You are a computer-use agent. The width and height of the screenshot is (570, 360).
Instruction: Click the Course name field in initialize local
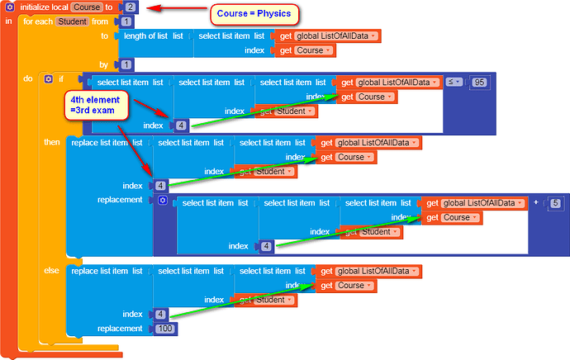click(x=87, y=7)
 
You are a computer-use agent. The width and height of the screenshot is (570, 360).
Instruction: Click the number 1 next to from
click(x=126, y=21)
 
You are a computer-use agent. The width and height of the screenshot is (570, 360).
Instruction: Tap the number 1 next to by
click(x=126, y=64)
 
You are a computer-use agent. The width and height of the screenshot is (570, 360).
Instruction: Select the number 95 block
click(x=478, y=82)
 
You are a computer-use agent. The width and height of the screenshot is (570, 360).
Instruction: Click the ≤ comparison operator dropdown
click(x=454, y=82)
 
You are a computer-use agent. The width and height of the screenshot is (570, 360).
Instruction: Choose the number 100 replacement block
click(x=165, y=329)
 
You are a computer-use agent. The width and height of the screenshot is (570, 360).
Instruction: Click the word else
click(x=52, y=271)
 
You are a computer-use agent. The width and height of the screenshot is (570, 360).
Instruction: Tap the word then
click(x=52, y=143)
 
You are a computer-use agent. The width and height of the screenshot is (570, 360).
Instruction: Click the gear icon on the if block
click(x=48, y=79)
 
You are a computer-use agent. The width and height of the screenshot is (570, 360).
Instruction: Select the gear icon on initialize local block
click(x=9, y=7)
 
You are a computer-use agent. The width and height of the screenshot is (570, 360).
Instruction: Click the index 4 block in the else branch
click(x=161, y=314)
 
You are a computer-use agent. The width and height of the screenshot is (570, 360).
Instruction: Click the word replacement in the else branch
click(x=120, y=329)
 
